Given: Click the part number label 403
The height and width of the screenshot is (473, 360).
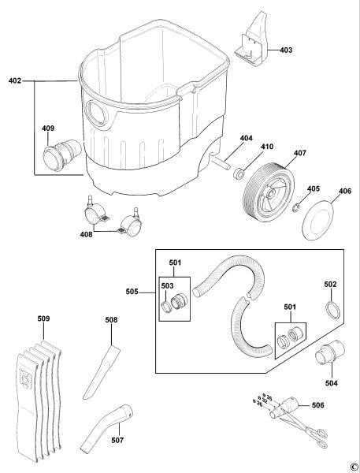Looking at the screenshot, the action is tap(286, 50).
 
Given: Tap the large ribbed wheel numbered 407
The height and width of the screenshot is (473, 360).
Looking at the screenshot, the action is tap(269, 189).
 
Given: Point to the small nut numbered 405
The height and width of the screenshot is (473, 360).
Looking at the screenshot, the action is tap(295, 207).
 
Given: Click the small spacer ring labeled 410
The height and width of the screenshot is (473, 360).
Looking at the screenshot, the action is tap(239, 174).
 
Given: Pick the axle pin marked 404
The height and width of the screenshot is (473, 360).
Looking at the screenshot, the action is tap(221, 162).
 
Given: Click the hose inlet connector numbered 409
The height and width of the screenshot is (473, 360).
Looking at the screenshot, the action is tap(62, 155).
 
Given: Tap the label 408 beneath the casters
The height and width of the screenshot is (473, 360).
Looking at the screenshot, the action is tap(86, 234).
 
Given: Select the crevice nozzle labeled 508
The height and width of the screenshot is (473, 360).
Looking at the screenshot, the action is tap(102, 372).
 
